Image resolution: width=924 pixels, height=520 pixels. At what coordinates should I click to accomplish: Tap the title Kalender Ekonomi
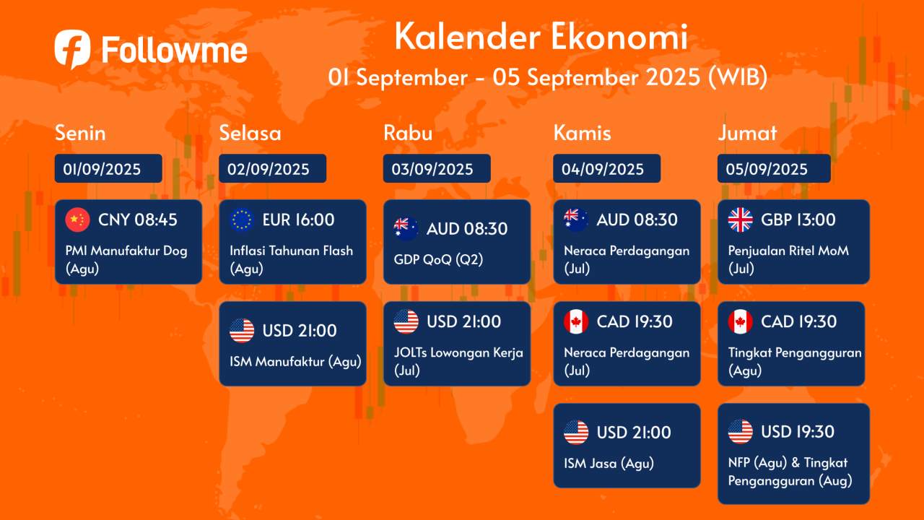[x=541, y=38]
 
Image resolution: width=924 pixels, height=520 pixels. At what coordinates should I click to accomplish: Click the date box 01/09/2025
[x=108, y=169]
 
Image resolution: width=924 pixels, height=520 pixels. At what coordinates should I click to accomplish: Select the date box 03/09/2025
[x=436, y=169]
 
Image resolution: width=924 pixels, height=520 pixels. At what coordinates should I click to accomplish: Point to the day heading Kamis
[x=582, y=133]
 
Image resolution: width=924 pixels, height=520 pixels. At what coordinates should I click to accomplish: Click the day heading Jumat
[x=747, y=133]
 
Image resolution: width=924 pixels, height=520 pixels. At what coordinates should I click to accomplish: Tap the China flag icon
[x=77, y=220]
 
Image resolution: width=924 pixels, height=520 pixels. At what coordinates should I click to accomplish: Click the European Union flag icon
[x=242, y=220]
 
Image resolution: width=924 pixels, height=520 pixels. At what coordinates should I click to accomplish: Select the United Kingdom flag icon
[x=740, y=220]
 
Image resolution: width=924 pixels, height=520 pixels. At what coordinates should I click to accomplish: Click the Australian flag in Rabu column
[x=406, y=229]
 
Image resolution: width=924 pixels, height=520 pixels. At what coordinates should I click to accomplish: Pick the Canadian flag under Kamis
[x=576, y=321]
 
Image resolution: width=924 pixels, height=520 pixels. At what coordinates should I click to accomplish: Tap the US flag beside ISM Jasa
[x=576, y=433]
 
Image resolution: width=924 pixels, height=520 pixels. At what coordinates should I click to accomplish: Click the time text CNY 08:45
[x=138, y=220]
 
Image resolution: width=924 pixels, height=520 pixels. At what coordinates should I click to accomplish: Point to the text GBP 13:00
[x=798, y=220]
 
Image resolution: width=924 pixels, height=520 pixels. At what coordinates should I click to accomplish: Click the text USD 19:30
[x=798, y=432]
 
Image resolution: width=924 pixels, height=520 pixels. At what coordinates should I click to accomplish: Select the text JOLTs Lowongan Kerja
[x=458, y=353]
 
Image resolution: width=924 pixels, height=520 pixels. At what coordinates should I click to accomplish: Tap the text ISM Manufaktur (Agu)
[x=295, y=362]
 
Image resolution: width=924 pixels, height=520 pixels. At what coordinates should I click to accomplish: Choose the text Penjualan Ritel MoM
[x=788, y=251]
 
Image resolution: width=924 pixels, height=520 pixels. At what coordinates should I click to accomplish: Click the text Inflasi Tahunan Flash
[x=291, y=251]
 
